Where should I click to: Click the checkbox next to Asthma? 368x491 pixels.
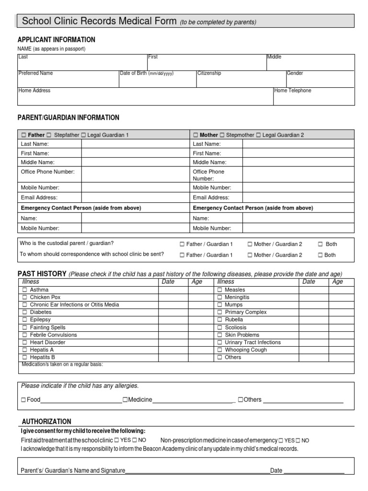(24, 290)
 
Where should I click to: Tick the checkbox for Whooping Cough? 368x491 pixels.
(219, 350)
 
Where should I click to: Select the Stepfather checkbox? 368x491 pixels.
(49, 135)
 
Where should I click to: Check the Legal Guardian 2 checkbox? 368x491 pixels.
(259, 135)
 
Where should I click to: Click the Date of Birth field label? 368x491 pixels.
(146, 73)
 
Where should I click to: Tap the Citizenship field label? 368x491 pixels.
(209, 73)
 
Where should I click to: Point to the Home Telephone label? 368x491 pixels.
(293, 90)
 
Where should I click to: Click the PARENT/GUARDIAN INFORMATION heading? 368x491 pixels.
(69, 117)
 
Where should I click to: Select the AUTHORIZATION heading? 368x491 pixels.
(46, 421)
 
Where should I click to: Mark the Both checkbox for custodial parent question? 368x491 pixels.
(320, 244)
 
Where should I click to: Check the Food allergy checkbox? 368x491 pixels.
(23, 400)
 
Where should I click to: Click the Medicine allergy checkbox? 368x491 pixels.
(125, 400)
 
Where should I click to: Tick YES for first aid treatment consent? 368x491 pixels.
(117, 440)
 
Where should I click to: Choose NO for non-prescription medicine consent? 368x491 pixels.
(298, 440)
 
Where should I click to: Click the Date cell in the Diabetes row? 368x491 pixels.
(172, 312)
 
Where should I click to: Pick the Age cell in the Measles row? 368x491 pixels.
(341, 290)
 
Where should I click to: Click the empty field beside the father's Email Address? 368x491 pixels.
(135, 197)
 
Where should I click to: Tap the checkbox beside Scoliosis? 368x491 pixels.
(219, 327)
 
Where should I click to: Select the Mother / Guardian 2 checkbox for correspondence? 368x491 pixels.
(250, 256)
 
